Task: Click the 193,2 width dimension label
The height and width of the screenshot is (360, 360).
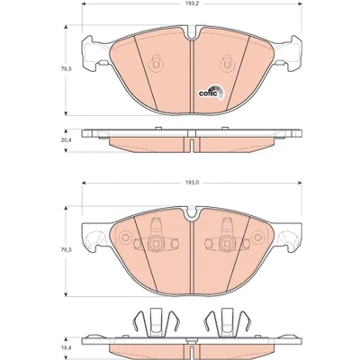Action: (x=192, y=4)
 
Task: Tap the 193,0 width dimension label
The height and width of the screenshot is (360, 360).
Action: (x=192, y=183)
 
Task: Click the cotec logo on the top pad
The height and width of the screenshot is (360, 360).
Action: (x=211, y=92)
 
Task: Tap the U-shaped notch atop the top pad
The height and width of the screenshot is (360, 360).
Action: (x=192, y=32)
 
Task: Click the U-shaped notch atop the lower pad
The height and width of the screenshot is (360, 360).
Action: (x=192, y=213)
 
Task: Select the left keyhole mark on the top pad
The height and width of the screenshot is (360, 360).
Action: (x=156, y=63)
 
